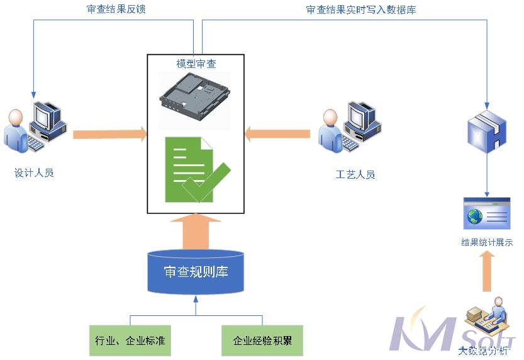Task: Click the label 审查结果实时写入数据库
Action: [360, 9]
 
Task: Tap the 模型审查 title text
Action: [196, 64]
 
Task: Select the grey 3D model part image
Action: [195, 95]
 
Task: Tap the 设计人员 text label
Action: [34, 172]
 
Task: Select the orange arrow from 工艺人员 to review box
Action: [277, 133]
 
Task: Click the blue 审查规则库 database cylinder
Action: [196, 272]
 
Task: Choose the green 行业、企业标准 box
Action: [130, 340]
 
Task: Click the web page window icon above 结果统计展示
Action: [486, 214]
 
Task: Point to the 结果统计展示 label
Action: [487, 242]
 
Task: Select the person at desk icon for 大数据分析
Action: [486, 321]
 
